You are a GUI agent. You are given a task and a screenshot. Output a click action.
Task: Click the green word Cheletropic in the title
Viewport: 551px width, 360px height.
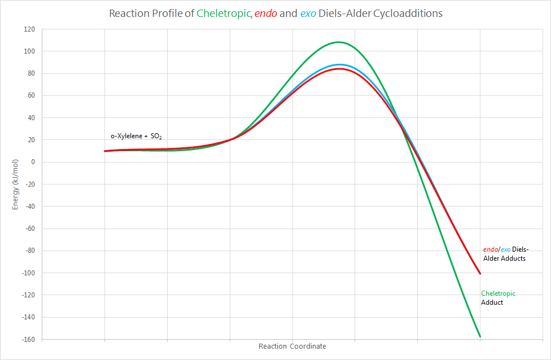tap(224, 13)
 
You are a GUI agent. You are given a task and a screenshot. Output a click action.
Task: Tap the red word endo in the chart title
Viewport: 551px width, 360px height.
tap(266, 13)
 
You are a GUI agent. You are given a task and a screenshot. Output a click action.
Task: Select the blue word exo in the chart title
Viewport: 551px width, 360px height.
tap(308, 13)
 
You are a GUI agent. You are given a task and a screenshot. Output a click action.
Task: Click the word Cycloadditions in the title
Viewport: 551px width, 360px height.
tap(408, 13)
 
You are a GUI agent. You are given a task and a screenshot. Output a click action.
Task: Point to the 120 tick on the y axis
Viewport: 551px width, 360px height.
tap(29, 29)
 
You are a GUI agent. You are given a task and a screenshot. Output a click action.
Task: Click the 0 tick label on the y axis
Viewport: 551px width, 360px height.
tap(33, 162)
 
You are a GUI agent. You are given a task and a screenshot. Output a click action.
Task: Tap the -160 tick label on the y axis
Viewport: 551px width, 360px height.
tap(28, 339)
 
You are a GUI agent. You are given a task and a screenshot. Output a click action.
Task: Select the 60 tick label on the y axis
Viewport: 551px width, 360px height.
tap(31, 95)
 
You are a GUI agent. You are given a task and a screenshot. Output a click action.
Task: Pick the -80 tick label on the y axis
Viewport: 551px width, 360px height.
tap(29, 251)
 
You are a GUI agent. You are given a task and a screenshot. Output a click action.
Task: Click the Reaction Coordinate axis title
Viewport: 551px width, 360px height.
tap(292, 346)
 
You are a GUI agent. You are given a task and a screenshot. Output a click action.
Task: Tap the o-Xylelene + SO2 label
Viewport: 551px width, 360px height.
tap(137, 137)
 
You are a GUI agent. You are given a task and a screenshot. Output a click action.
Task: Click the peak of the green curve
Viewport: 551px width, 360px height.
tap(339, 42)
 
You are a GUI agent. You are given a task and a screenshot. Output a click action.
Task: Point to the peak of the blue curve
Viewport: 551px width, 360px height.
tap(339, 65)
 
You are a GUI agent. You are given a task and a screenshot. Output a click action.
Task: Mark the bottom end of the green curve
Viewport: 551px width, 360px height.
tap(480, 336)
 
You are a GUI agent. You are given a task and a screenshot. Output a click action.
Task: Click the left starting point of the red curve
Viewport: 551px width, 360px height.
tap(106, 151)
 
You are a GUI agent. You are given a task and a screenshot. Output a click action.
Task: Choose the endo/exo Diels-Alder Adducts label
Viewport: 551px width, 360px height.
tap(505, 254)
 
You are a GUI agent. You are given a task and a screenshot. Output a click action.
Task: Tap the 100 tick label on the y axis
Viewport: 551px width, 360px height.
tap(29, 51)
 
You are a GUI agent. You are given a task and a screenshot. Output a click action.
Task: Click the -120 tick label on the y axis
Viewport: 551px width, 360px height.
tap(28, 295)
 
